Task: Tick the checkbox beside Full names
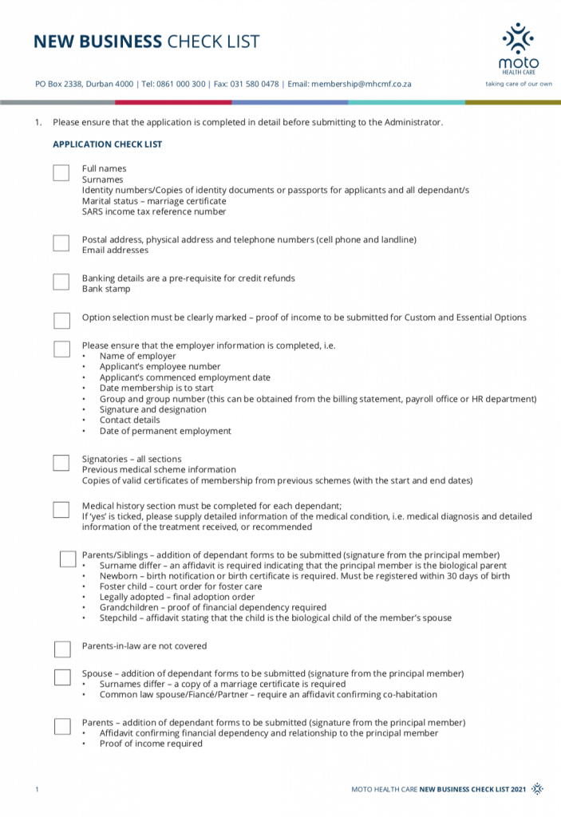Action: pos(61,172)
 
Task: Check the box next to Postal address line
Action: pos(61,243)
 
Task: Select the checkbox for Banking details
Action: pos(61,282)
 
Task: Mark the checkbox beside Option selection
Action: pos(61,320)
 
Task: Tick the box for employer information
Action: pos(61,349)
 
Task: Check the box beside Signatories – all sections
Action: pos(61,463)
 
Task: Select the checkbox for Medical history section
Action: pos(61,509)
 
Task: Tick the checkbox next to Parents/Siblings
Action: pos(68,558)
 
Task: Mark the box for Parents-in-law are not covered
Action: pos(62,649)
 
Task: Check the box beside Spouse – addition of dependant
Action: pos(62,677)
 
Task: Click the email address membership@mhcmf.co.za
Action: pos(361,84)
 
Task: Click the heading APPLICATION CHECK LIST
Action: pos(108,144)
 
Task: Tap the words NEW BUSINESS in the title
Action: pos(97,42)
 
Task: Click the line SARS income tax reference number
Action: pos(154,212)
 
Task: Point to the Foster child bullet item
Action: pos(180,586)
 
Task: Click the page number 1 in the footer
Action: pos(37,789)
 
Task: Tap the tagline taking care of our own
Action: pos(519,84)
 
